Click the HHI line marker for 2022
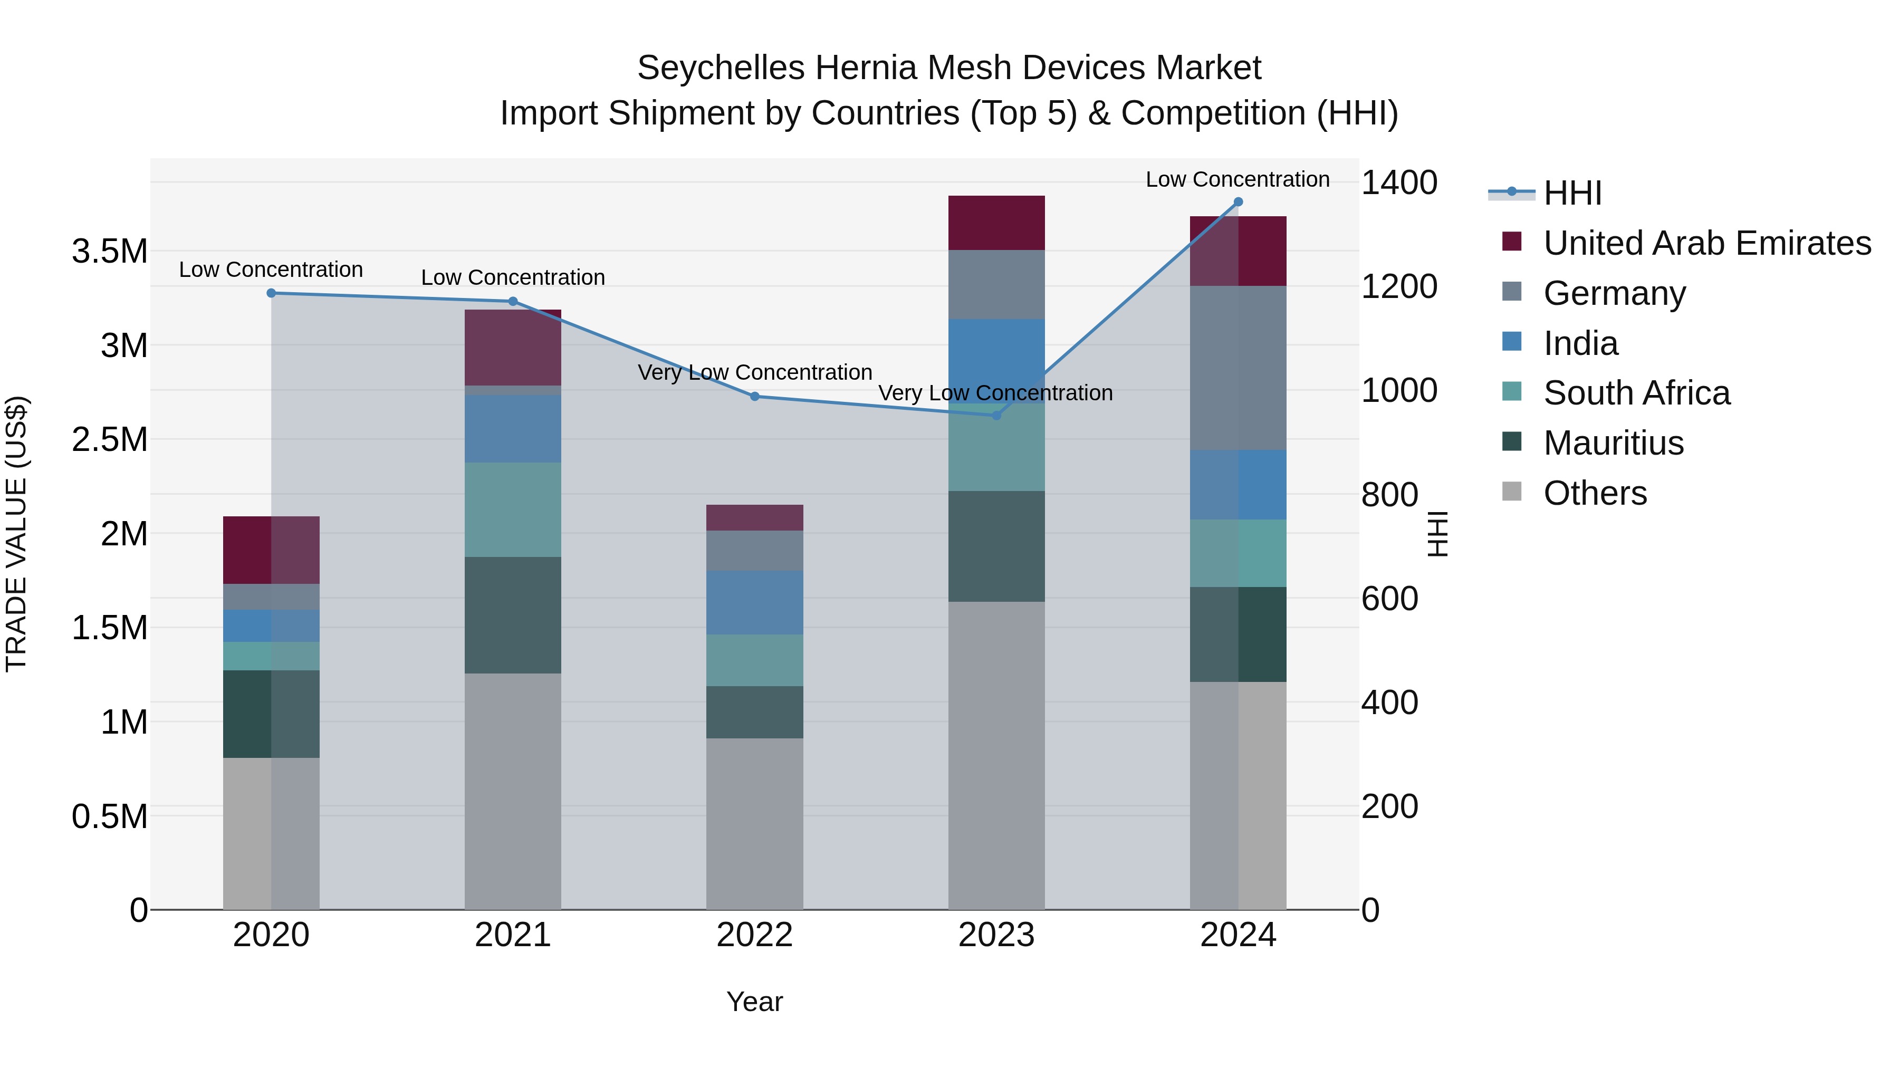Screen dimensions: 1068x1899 pyautogui.click(x=754, y=397)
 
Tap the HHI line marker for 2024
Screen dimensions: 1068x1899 pyautogui.click(x=1238, y=202)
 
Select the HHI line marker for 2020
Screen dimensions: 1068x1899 pyautogui.click(x=271, y=293)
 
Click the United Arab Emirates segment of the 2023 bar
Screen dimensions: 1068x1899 pyautogui.click(x=996, y=223)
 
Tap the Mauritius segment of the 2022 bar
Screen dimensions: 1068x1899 pyautogui.click(x=754, y=712)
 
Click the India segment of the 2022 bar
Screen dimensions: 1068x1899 pyautogui.click(x=754, y=602)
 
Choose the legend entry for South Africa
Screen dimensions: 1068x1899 pyautogui.click(x=1636, y=393)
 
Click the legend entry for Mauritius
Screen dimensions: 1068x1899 pyautogui.click(x=1613, y=443)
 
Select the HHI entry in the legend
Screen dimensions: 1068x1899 pyautogui.click(x=1572, y=193)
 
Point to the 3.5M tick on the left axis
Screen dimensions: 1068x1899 pyautogui.click(x=109, y=252)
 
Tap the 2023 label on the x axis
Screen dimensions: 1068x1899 pyautogui.click(x=996, y=935)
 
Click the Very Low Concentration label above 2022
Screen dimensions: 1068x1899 pyautogui.click(x=754, y=372)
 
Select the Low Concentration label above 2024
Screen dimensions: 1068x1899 pyautogui.click(x=1237, y=179)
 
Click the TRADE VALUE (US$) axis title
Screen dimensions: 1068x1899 pyautogui.click(x=16, y=534)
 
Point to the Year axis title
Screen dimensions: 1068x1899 pyautogui.click(x=754, y=1002)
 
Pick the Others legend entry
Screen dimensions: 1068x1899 pyautogui.click(x=1595, y=493)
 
